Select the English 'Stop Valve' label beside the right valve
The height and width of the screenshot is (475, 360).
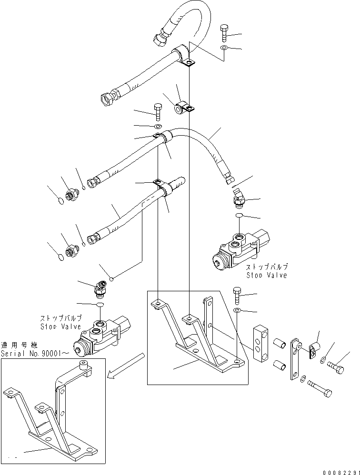[x=267, y=276]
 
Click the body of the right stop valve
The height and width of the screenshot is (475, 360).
[x=240, y=250]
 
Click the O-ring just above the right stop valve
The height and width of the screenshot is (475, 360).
[x=239, y=216]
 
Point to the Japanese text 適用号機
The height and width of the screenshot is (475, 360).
[x=19, y=345]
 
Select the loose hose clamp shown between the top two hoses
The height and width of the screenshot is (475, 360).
[x=183, y=108]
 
